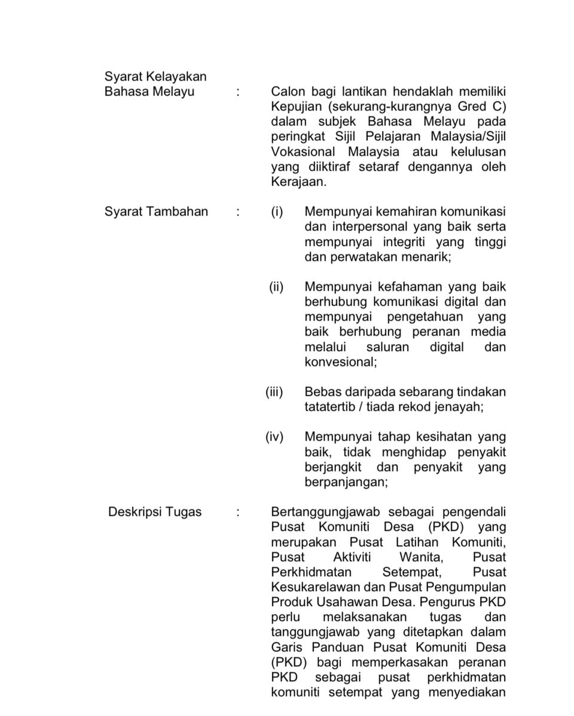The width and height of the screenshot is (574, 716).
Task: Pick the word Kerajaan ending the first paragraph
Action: point(298,182)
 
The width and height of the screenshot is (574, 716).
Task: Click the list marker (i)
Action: point(277,211)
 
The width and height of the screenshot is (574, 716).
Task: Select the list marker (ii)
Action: point(276,287)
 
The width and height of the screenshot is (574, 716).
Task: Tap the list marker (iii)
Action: point(274,392)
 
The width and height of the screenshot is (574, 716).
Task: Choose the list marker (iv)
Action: point(274,437)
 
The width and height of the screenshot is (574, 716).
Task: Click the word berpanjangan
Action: point(346,482)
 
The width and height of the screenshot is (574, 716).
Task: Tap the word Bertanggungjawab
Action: point(325,512)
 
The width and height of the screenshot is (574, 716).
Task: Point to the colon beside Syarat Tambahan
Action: point(238,211)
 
